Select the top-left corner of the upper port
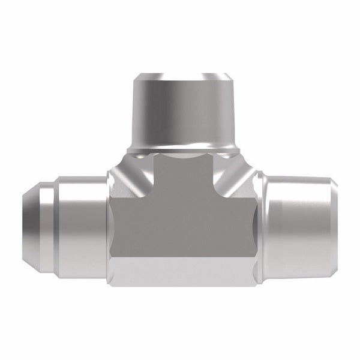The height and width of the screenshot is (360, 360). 134,76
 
